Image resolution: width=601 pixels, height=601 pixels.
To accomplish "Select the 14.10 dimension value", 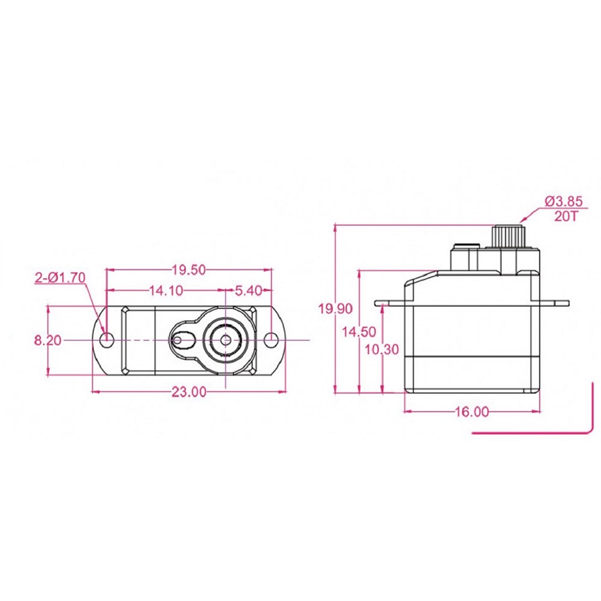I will [166, 290].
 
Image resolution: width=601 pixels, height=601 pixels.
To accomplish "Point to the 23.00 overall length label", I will [189, 392].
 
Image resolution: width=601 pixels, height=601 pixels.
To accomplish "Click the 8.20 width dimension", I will [47, 340].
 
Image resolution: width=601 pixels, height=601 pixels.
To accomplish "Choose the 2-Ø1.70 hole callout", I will [60, 278].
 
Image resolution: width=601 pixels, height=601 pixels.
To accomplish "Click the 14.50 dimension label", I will [359, 332].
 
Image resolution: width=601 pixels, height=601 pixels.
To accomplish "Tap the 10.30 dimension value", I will [381, 350].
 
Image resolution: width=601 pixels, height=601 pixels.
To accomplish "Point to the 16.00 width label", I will [471, 412].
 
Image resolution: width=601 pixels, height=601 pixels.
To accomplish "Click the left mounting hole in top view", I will [107, 340].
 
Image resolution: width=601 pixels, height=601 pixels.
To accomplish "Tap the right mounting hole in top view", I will [271, 340].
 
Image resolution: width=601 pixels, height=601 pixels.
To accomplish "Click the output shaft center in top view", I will [225, 340].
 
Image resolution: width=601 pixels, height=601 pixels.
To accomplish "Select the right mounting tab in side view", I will [555, 303].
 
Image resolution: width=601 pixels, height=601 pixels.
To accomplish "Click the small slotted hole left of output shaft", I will [178, 340].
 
